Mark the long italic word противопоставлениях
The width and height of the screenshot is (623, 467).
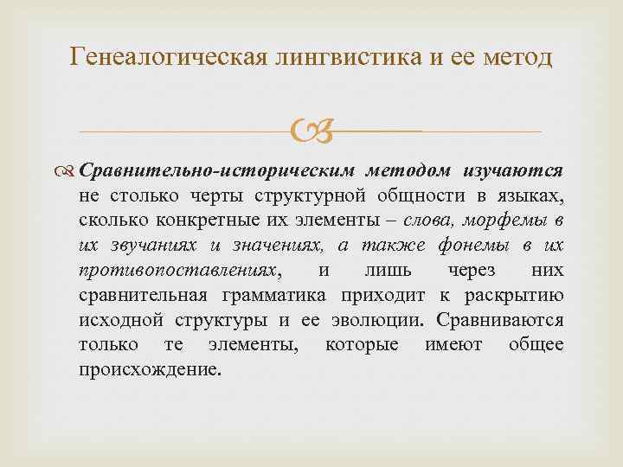pos(191,271)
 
